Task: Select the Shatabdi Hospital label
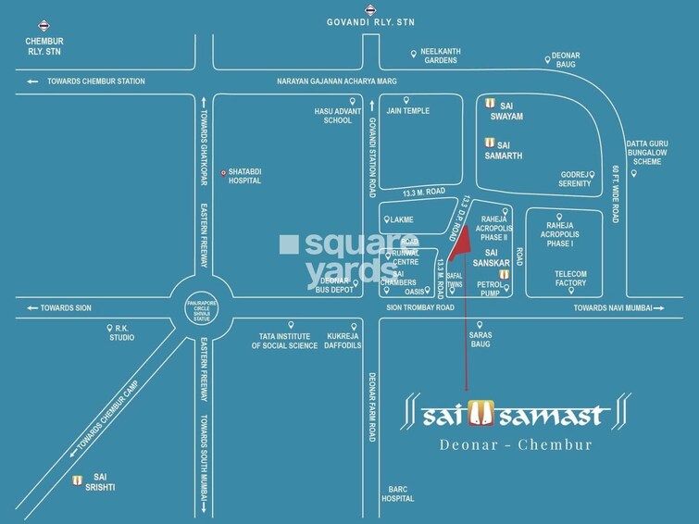coord(244,176)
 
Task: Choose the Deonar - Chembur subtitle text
coord(517,444)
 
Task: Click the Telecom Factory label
coord(570,278)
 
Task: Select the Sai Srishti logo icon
coord(78,480)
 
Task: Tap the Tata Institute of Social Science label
coord(291,341)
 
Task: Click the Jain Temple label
coord(407,111)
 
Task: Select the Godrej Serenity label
coord(574,179)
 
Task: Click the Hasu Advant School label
coord(333,116)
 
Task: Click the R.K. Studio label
coord(121,332)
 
